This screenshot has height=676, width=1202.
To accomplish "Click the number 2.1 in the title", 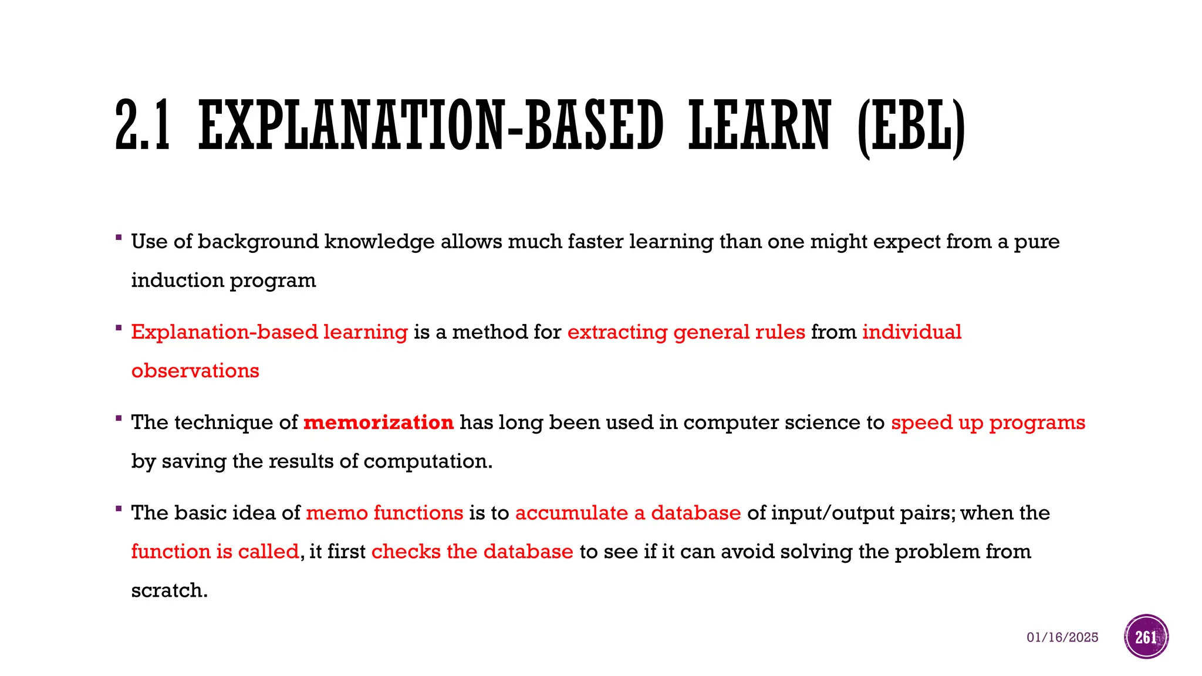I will [143, 125].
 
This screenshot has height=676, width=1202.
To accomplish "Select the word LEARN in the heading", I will [759, 125].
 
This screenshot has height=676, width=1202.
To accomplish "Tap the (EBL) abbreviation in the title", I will [911, 127].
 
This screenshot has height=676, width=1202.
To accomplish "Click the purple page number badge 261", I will [1146, 637].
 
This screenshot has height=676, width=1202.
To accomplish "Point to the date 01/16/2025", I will [1062, 637].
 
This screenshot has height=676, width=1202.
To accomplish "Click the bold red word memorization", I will [379, 422].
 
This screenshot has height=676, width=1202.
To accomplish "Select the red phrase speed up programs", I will [988, 422].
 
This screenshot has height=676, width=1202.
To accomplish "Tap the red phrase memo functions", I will [384, 513].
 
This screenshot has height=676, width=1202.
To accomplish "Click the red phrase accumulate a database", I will [628, 513].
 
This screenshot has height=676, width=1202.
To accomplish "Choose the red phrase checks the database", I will [472, 552].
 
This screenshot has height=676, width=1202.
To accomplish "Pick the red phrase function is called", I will [215, 552].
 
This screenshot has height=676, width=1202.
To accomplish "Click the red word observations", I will [195, 371].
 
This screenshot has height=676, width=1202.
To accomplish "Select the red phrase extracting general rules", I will [686, 332].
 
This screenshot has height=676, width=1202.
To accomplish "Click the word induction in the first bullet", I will [177, 280].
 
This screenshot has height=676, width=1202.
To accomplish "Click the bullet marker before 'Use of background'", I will [119, 238].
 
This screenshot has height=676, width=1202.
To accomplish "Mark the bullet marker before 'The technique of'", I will [119, 418].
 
